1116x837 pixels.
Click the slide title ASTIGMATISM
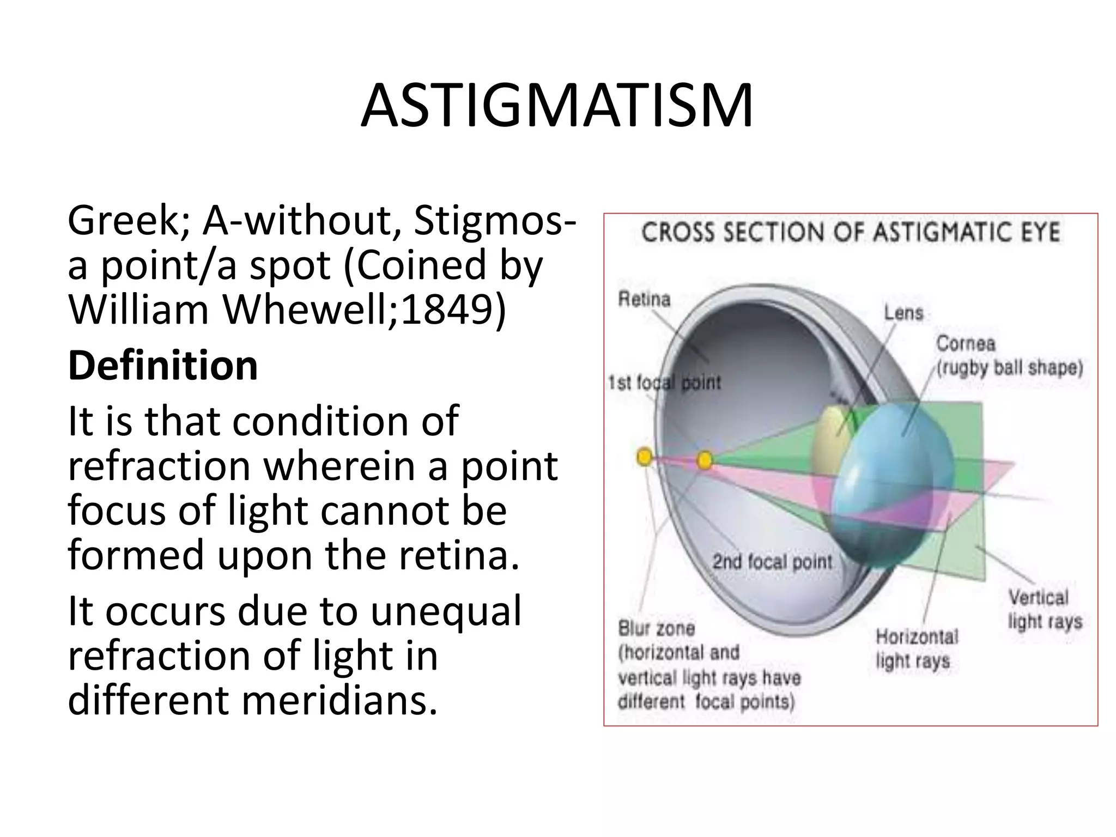tap(557, 106)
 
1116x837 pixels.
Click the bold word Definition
tap(162, 366)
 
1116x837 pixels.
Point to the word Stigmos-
tap(495, 221)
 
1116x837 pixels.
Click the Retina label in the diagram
tap(644, 299)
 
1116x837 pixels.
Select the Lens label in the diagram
tap(903, 313)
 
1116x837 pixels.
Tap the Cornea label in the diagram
tap(965, 343)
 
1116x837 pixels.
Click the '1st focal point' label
tap(664, 383)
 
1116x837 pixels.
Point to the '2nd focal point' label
tap(772, 562)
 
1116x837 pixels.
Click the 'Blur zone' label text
tap(656, 628)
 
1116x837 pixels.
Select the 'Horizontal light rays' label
tap(916, 648)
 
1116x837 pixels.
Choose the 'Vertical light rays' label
tap(1044, 609)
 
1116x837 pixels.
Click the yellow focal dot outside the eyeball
tap(644, 457)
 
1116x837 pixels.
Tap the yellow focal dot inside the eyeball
tap(705, 460)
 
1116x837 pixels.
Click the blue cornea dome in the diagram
tap(894, 480)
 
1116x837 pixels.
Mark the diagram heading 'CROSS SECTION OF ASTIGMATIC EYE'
tap(851, 233)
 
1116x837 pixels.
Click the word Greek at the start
tap(128, 221)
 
